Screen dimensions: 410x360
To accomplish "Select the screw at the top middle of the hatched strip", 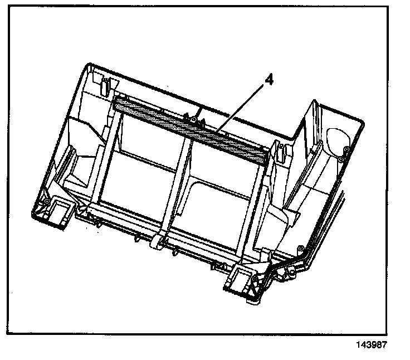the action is pos(192,118).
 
